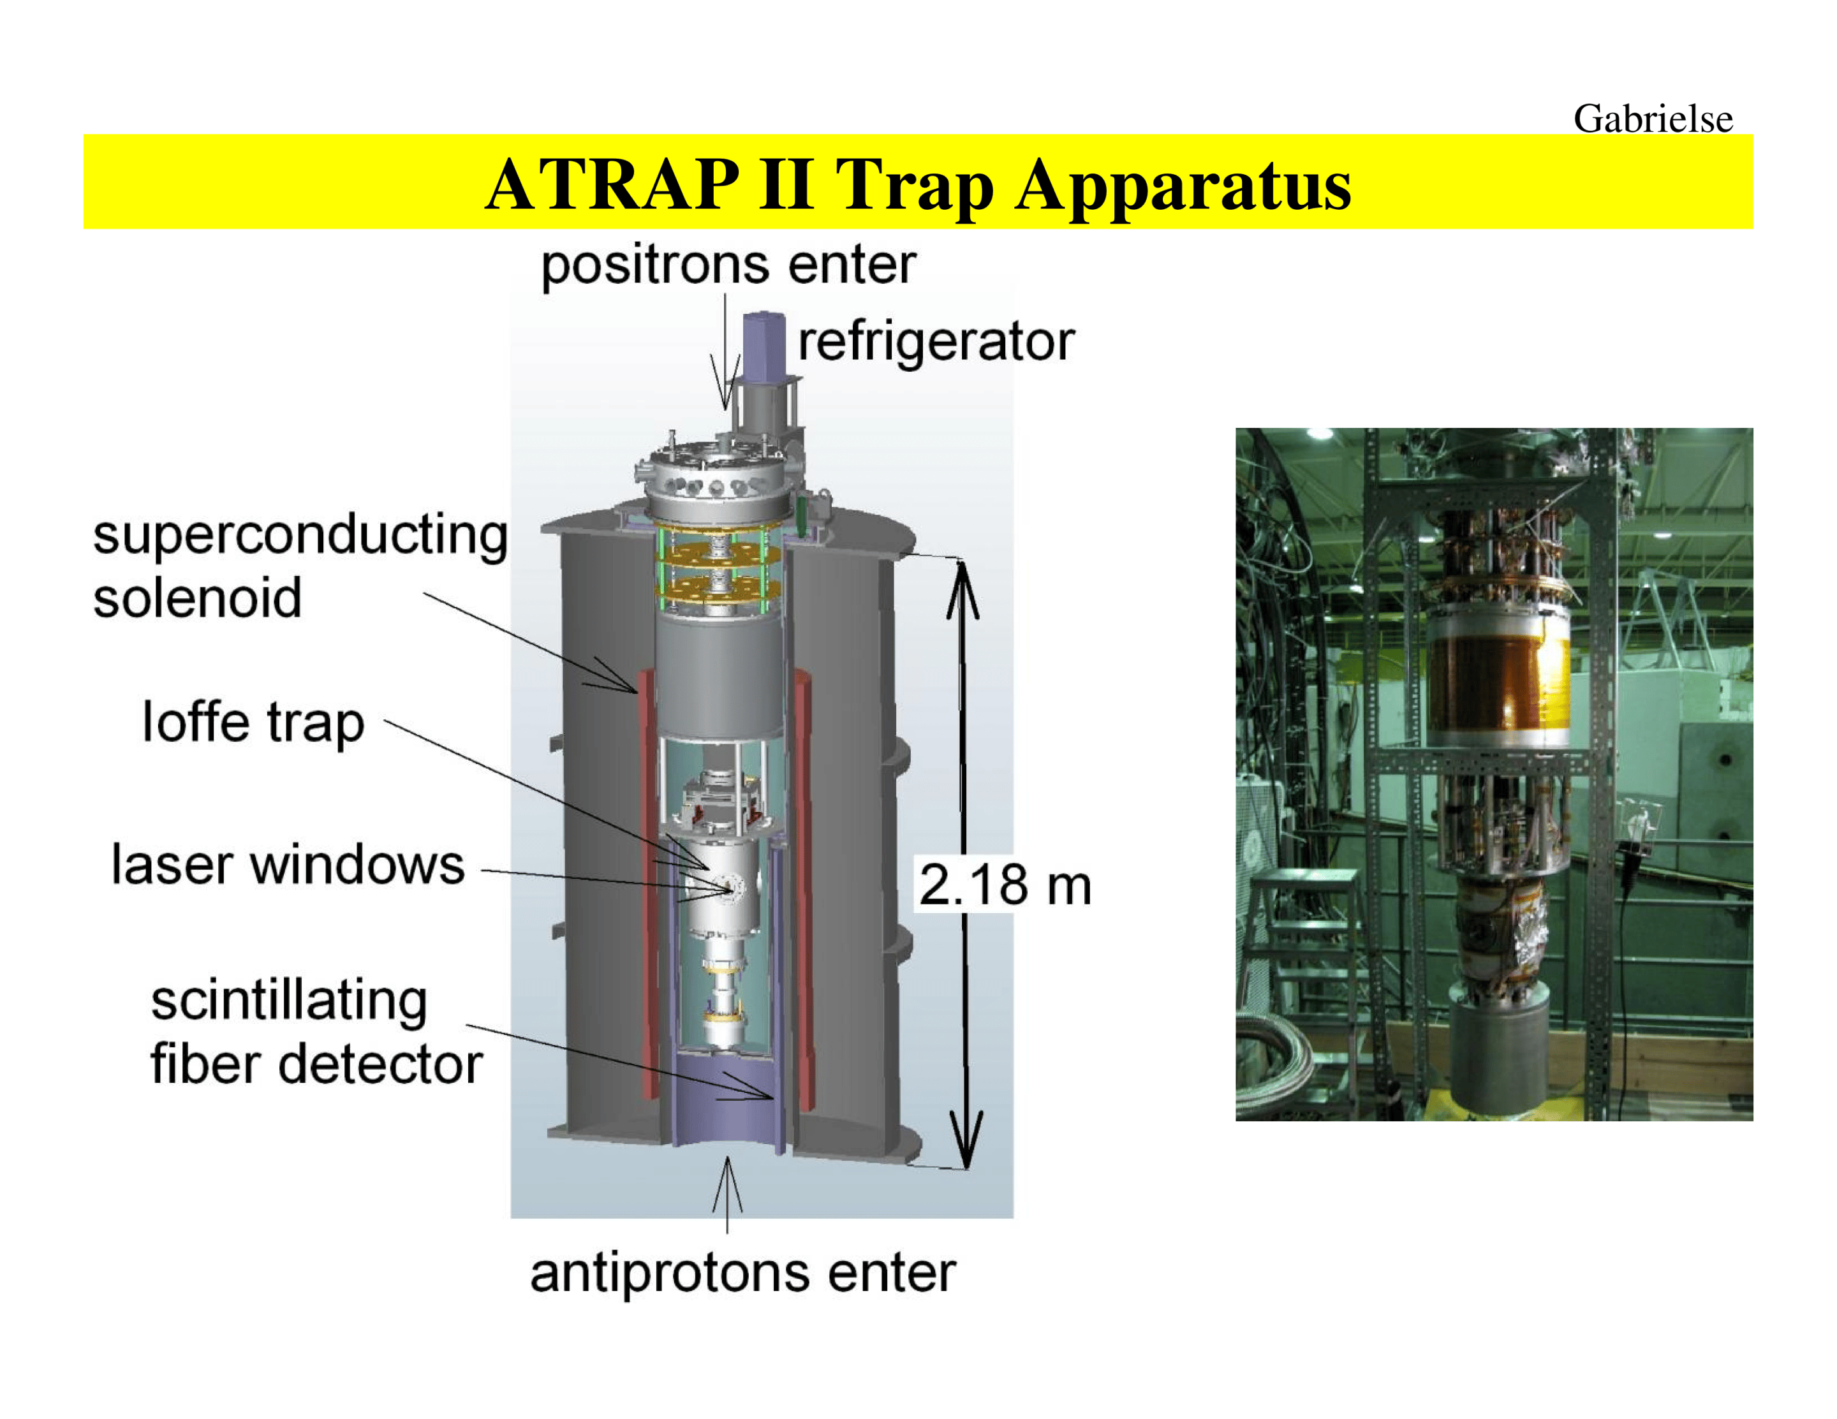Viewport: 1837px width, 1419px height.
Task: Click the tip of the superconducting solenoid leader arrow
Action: coord(637,693)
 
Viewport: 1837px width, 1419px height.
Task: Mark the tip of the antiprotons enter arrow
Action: coord(728,1158)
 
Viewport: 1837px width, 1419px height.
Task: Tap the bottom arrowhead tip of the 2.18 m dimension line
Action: coord(967,1168)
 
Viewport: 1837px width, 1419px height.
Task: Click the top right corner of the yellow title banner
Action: coord(1753,135)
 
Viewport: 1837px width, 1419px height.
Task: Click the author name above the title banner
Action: coord(1653,119)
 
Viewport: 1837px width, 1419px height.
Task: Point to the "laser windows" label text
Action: coord(288,865)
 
